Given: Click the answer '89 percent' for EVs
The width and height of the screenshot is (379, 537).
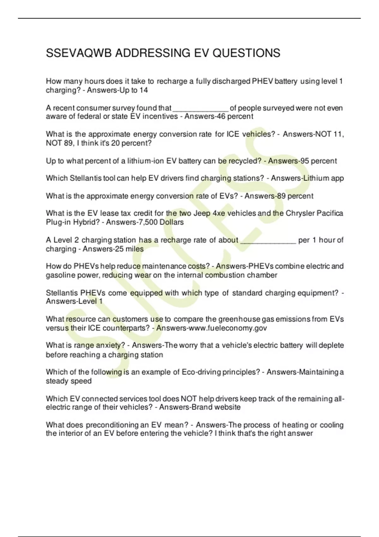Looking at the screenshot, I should coord(295,196).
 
